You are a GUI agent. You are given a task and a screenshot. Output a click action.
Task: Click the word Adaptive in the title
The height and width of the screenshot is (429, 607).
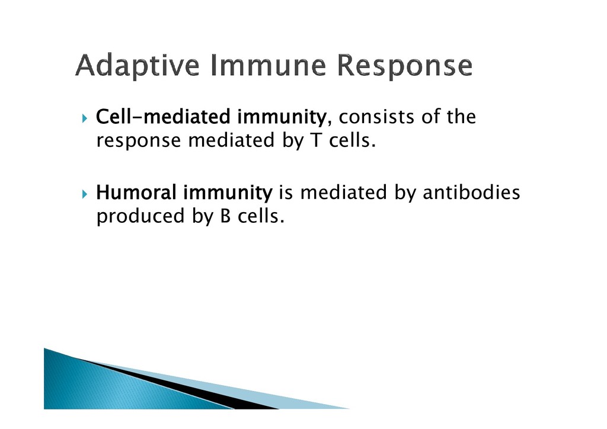coord(138,65)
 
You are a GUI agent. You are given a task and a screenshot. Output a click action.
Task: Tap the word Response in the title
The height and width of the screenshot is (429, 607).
coord(404,66)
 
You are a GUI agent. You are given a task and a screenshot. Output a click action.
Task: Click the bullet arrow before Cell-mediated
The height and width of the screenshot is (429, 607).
coord(85,118)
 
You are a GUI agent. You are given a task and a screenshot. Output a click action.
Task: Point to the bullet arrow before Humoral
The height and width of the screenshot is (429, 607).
coord(85,194)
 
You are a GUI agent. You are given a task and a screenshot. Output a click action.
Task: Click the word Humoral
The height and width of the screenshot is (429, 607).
coord(136,192)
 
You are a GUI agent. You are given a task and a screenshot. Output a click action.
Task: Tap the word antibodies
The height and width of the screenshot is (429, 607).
coord(471,192)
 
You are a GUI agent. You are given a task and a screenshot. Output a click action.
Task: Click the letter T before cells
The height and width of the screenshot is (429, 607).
coord(317,140)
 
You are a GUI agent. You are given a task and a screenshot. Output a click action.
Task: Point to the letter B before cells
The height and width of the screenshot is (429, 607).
coord(225,216)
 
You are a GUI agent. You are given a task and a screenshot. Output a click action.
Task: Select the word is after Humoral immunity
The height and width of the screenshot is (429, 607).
coord(285,192)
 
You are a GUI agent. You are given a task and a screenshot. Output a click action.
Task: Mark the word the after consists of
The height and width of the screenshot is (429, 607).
coord(461,117)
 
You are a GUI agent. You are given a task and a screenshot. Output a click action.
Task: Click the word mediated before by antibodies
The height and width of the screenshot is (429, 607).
coord(343,192)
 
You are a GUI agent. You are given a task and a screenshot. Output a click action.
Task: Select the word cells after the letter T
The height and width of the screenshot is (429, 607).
coord(352,140)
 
